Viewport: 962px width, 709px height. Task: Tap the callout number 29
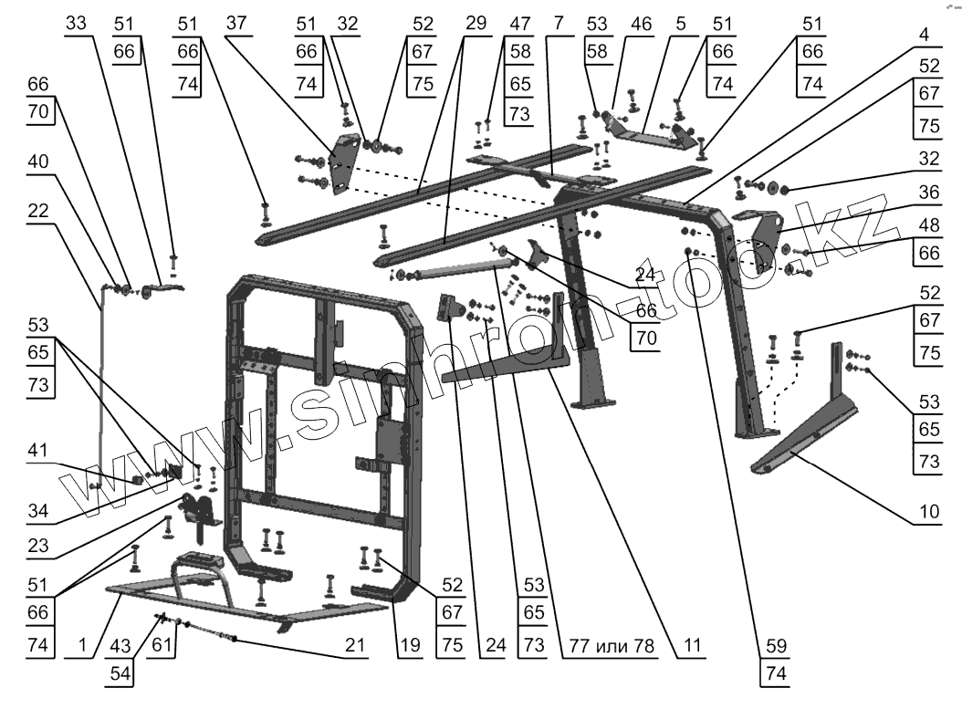476,23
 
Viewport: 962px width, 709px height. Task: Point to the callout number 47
520,23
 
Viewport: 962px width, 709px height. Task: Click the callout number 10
927,512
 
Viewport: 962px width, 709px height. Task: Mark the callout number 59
775,644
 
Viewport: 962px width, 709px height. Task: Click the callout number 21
354,644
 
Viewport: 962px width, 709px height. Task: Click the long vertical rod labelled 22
99,383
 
